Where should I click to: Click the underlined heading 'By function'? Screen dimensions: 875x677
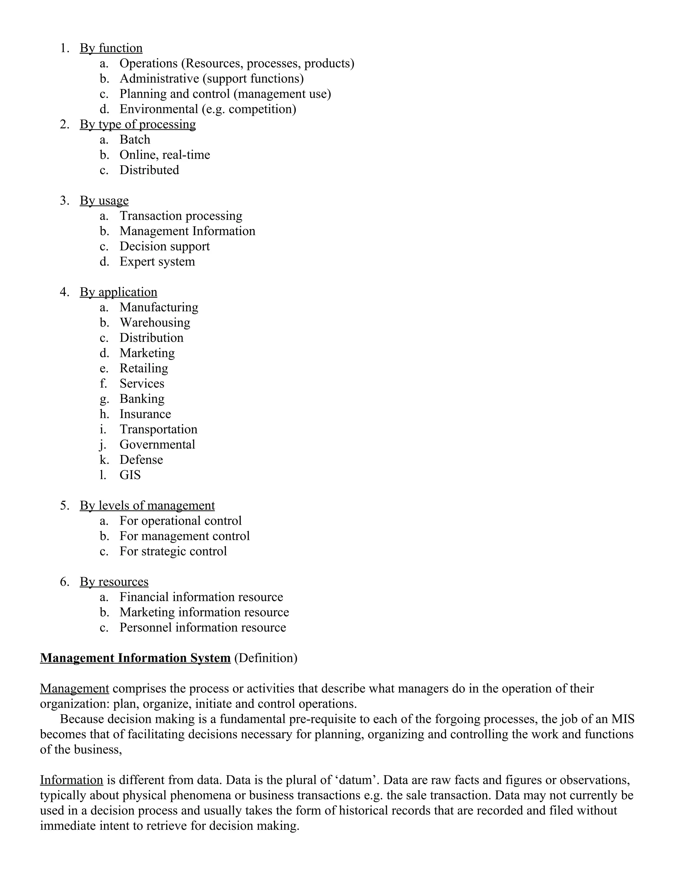click(111, 48)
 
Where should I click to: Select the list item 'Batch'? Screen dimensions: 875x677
click(135, 139)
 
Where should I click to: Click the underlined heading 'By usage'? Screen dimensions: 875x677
click(104, 200)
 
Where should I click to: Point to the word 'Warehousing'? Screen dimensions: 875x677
click(155, 323)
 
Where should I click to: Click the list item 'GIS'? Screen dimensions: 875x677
click(130, 475)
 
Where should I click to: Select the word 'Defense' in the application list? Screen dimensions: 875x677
click(141, 460)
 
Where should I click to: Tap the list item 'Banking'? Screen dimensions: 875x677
click(142, 399)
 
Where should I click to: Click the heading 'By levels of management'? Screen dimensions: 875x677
click(147, 506)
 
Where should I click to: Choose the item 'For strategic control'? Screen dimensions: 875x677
click(173, 551)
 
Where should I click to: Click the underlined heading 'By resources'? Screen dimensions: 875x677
click(114, 582)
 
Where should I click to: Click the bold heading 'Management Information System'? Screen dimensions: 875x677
click(135, 658)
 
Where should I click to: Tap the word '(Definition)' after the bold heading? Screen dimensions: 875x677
click(265, 658)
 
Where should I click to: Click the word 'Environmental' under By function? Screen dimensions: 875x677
click(159, 109)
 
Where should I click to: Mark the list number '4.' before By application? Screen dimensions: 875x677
click(64, 292)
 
